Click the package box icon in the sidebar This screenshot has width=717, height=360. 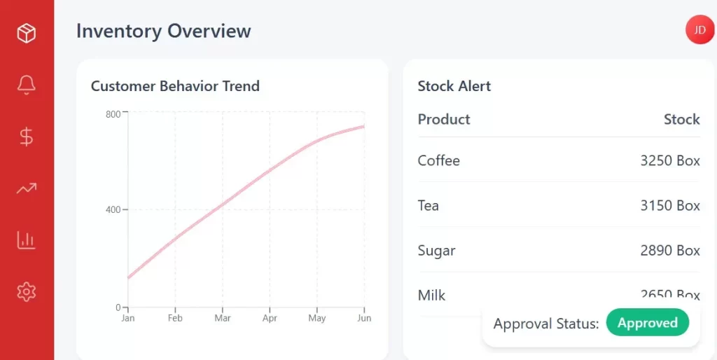[x=27, y=33]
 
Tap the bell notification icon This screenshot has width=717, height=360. [x=27, y=85]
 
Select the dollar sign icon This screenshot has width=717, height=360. [x=27, y=137]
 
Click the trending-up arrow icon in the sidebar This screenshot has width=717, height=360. [x=27, y=188]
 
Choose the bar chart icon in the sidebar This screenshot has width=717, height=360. [x=27, y=240]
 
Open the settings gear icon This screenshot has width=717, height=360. [x=27, y=291]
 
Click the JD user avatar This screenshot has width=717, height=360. [x=699, y=30]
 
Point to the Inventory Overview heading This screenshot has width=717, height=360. [x=163, y=32]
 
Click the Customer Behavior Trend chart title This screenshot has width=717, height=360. [x=175, y=86]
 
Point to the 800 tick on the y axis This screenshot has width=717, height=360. [x=113, y=114]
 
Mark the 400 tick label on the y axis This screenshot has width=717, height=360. [x=112, y=209]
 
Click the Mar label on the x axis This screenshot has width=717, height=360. [x=223, y=318]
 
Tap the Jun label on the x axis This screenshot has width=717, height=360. [x=364, y=318]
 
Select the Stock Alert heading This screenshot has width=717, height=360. [x=454, y=86]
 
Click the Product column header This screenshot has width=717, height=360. [x=444, y=119]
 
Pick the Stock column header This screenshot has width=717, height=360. [x=681, y=119]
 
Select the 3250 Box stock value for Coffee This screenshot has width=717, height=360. [x=670, y=160]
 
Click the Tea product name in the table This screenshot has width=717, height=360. [x=429, y=205]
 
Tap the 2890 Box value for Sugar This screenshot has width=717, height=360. [x=670, y=250]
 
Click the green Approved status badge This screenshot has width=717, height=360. [x=647, y=323]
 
